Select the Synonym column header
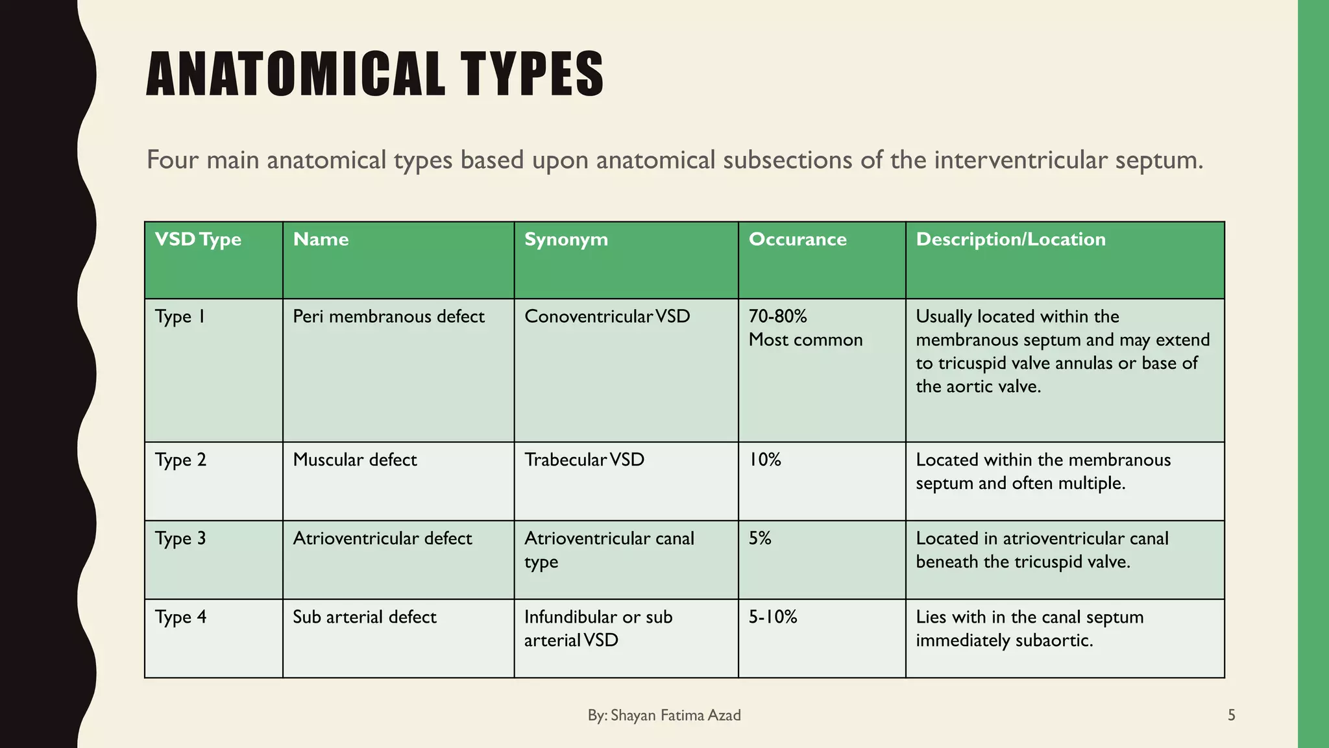566,240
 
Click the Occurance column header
798,240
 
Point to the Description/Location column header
1010,240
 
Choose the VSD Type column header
198,240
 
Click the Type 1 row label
180,317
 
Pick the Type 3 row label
180,539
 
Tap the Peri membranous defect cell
389,317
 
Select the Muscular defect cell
355,460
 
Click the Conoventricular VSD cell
607,317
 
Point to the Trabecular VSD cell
584,460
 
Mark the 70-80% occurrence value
777,317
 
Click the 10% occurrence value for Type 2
765,460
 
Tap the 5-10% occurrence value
773,617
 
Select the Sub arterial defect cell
365,617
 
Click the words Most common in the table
805,340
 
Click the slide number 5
1232,716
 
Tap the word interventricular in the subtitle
1021,160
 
